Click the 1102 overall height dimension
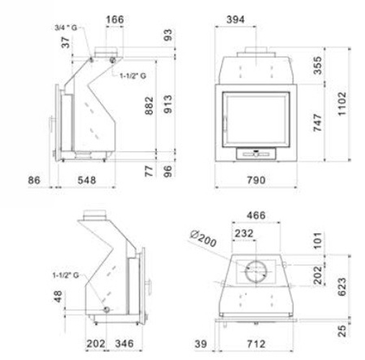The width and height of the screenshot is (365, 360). (x=342, y=104)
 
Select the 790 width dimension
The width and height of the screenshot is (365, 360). (x=256, y=180)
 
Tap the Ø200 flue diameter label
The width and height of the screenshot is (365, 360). (x=203, y=238)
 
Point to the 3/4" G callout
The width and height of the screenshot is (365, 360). (x=66, y=27)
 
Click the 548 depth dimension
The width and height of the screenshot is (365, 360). (x=86, y=180)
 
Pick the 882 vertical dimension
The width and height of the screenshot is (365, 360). (x=149, y=106)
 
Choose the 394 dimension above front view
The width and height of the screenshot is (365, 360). (x=235, y=19)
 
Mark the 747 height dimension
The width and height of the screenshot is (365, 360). (x=317, y=122)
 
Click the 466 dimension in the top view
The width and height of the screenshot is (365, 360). (x=256, y=215)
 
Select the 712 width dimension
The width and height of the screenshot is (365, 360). (x=256, y=344)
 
